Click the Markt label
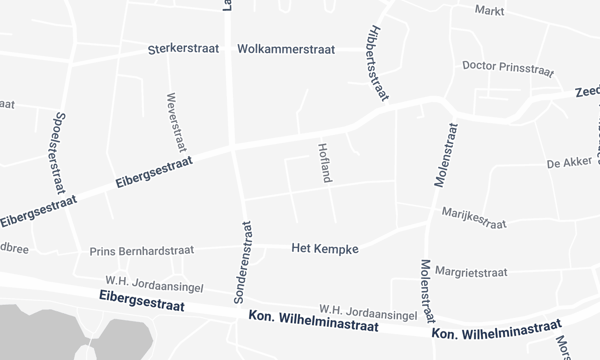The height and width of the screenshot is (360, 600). [489, 12]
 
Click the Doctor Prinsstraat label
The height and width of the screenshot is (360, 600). [508, 67]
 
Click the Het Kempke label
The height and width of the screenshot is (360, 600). [324, 247]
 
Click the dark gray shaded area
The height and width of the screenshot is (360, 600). [30, 330]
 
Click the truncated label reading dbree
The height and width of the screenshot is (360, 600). [14, 247]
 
